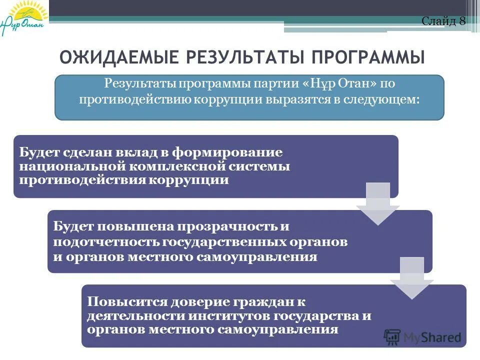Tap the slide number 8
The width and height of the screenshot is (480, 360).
[462, 21]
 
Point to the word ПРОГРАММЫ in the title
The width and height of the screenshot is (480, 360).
[369, 57]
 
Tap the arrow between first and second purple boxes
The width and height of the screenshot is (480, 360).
[377, 204]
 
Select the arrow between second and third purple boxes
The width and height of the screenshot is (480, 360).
[412, 278]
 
